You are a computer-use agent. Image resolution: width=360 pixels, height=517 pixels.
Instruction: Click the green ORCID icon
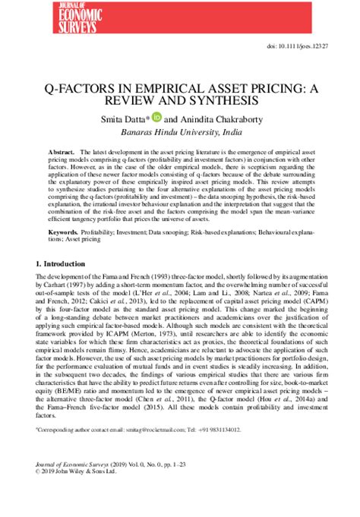tap(156, 118)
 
